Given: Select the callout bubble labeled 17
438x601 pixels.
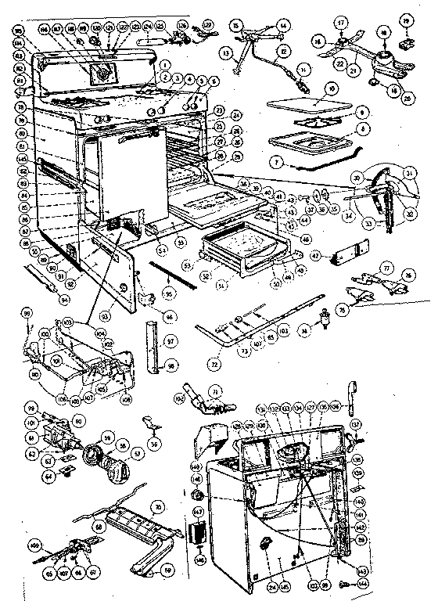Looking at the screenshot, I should coord(341,23).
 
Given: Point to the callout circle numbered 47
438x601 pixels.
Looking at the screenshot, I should coord(314,255).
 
